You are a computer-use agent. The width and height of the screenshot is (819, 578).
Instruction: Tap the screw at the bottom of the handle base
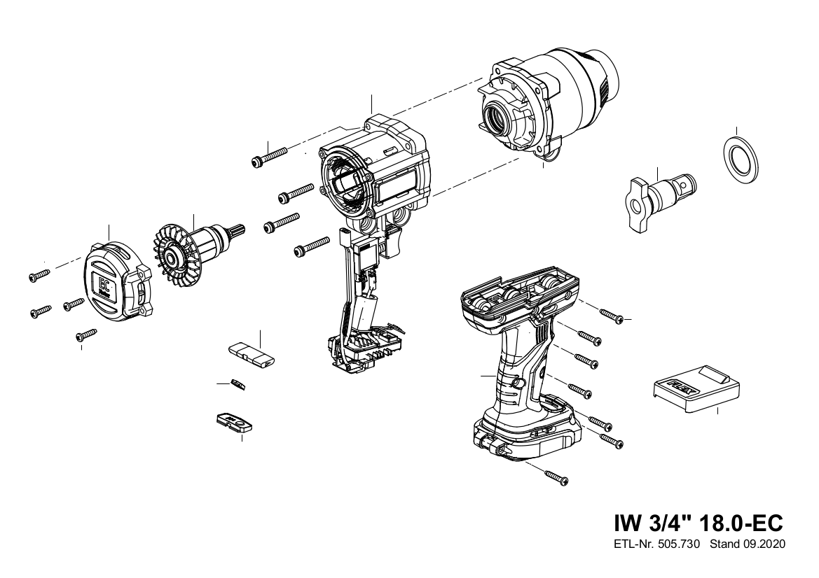coord(557,477)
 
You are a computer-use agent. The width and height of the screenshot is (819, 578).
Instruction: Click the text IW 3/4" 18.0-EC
coord(699,522)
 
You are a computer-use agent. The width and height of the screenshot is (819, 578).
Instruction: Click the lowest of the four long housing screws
coord(312,246)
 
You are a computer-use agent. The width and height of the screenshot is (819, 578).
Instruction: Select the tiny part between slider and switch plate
coord(238,384)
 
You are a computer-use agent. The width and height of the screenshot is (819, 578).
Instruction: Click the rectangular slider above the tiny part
coord(252,355)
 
